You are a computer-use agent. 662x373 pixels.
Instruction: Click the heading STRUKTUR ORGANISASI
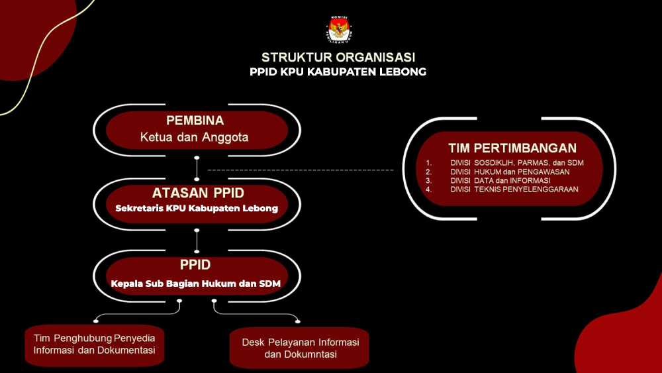pos(338,57)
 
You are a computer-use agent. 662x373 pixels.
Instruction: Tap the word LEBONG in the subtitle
pos(402,72)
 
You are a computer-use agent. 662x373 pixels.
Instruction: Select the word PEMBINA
pos(195,121)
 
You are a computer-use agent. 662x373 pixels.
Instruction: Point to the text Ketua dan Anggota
pos(194,137)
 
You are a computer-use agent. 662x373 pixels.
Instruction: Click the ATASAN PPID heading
pos(198,193)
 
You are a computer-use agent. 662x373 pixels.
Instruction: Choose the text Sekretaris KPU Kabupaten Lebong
pos(197,208)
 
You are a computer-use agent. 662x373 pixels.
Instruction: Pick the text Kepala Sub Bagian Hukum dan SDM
pos(196,284)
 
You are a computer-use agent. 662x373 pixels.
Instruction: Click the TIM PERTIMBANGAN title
pos(512,148)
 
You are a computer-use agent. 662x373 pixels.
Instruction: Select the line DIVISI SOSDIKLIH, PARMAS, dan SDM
pos(517,162)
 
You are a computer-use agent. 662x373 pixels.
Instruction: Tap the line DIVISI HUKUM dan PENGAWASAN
pos(510,172)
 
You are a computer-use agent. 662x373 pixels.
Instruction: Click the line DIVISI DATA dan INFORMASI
pos(500,181)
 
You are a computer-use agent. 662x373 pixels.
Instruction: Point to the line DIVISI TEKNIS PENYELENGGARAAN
pos(514,189)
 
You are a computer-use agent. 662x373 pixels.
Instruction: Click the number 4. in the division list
pos(428,189)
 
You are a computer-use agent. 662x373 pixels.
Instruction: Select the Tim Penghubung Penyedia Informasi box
pos(95,345)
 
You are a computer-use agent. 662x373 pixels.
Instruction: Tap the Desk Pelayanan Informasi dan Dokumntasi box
pos(299,348)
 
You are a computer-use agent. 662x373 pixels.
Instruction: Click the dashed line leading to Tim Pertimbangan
pos(301,170)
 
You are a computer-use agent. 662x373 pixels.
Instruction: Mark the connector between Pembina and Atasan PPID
pos(197,168)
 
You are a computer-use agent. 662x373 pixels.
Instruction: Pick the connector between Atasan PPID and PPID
pos(197,241)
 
